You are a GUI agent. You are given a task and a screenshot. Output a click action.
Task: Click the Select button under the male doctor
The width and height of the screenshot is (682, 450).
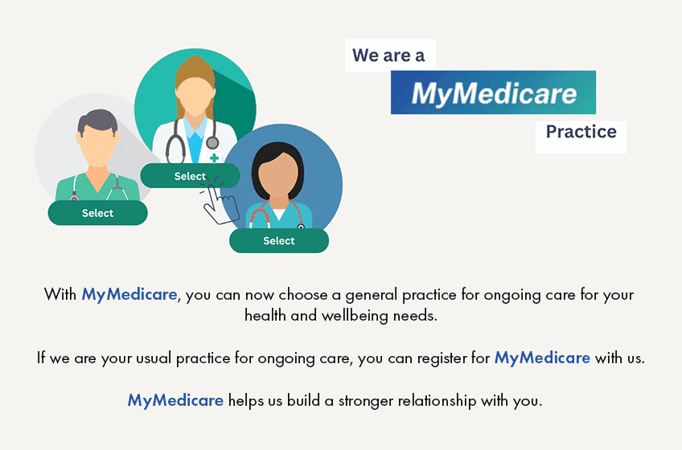click(x=98, y=213)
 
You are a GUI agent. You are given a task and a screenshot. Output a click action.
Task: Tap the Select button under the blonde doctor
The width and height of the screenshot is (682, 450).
click(x=190, y=176)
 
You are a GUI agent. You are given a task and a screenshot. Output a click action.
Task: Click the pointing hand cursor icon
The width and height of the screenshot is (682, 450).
click(x=220, y=202)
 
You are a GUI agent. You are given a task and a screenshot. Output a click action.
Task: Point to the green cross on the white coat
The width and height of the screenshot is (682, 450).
click(x=214, y=157)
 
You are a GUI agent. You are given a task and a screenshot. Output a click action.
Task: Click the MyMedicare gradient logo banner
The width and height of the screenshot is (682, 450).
click(x=493, y=92)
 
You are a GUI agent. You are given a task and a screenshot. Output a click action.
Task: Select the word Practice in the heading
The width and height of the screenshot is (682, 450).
click(x=581, y=132)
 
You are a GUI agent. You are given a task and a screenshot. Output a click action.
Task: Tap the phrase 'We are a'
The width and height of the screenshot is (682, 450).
click(x=388, y=55)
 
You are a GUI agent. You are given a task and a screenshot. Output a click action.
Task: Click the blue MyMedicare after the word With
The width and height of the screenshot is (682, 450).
click(x=129, y=295)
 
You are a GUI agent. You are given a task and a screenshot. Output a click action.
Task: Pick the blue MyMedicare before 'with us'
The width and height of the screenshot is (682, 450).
click(x=542, y=358)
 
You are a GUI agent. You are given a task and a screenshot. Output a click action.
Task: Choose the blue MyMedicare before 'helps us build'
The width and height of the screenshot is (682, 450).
click(x=175, y=400)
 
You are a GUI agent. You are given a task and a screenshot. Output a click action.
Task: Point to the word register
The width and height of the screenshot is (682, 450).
click(x=442, y=358)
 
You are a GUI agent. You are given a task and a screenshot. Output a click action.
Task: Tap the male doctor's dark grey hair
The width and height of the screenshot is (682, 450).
click(x=97, y=120)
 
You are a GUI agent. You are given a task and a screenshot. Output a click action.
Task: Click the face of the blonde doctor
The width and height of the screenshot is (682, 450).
click(x=195, y=96)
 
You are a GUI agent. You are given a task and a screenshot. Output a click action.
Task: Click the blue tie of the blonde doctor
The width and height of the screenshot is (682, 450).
click(x=195, y=147)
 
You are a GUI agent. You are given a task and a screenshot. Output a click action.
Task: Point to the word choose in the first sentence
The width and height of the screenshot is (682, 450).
click(x=302, y=295)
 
